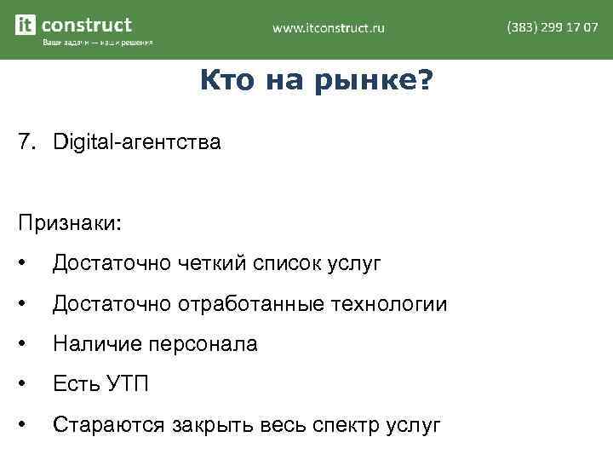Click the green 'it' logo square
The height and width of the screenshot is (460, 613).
26,26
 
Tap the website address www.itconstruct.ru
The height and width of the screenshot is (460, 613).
328,28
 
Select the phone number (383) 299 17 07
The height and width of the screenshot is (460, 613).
552,27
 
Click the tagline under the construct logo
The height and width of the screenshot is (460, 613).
97,43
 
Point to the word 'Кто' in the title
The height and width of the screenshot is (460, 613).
225,82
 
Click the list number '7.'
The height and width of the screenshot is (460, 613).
28,141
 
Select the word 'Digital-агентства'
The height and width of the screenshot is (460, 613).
136,142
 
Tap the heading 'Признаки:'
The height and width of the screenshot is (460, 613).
71,223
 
